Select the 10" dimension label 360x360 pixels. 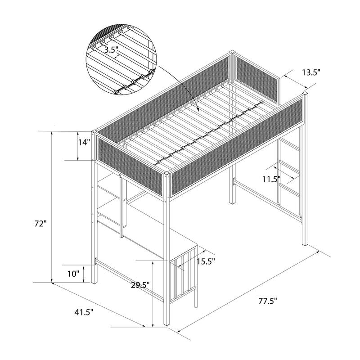click(74, 273)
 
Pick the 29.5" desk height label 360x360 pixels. click(140, 285)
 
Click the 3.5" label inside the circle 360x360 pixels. click(111, 49)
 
